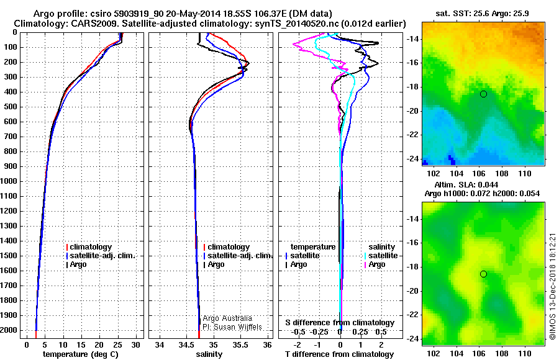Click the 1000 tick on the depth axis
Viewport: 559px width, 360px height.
(x=11, y=181)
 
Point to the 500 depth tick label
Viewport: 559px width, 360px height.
(x=11, y=107)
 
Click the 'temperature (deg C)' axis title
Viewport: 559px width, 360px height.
(x=80, y=354)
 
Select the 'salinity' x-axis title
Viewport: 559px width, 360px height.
(x=209, y=354)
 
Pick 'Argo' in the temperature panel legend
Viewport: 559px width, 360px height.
(x=81, y=264)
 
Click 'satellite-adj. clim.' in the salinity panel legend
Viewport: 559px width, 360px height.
(x=240, y=256)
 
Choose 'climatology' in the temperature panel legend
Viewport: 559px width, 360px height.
(x=91, y=247)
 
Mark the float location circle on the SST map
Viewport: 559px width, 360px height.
(x=483, y=94)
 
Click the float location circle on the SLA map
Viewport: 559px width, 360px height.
(x=483, y=274)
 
